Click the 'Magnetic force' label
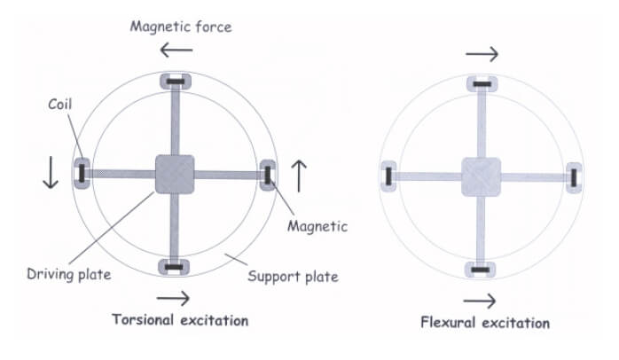point(181,26)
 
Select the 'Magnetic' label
point(317,226)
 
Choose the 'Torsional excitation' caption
point(180,319)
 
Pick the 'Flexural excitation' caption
point(485,322)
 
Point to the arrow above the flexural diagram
point(482,55)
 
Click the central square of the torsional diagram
point(174,174)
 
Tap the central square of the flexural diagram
point(481,176)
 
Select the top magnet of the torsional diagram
point(174,82)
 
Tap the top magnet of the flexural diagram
point(481,84)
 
